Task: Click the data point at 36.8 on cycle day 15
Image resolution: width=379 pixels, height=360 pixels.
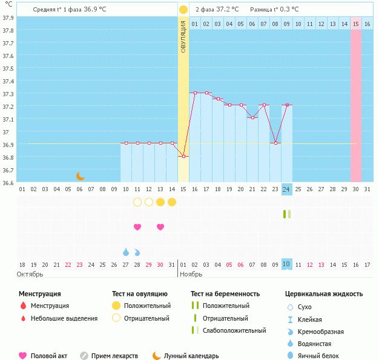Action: click(x=183, y=156)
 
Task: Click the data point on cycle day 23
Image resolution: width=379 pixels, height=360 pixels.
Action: click(x=275, y=143)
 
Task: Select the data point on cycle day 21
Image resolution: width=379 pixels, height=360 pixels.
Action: click(x=252, y=117)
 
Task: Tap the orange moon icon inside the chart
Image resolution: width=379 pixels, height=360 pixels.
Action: click(x=81, y=177)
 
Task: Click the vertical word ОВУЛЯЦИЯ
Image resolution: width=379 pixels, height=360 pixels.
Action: click(x=183, y=36)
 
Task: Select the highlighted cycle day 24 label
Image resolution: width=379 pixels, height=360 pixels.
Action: click(x=286, y=189)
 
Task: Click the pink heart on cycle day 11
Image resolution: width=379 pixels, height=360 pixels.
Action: click(x=137, y=227)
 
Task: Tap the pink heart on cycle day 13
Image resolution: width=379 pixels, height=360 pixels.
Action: click(x=160, y=227)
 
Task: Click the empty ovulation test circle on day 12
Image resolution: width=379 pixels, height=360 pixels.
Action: click(x=149, y=202)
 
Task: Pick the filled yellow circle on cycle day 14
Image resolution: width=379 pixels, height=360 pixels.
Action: click(x=172, y=202)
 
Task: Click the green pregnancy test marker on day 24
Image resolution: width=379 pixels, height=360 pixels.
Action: click(x=287, y=214)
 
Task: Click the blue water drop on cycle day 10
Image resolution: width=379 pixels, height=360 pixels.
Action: click(x=126, y=252)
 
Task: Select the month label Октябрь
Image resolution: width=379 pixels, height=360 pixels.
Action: click(x=30, y=274)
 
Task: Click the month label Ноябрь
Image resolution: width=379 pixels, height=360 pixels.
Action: click(x=191, y=274)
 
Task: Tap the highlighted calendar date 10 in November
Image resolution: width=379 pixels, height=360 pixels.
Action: click(x=286, y=264)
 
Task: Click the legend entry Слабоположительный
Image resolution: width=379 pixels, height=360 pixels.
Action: click(x=234, y=330)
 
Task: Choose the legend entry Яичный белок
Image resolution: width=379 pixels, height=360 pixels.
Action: click(x=318, y=356)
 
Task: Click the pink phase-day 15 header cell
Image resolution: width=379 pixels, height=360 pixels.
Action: click(x=356, y=24)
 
